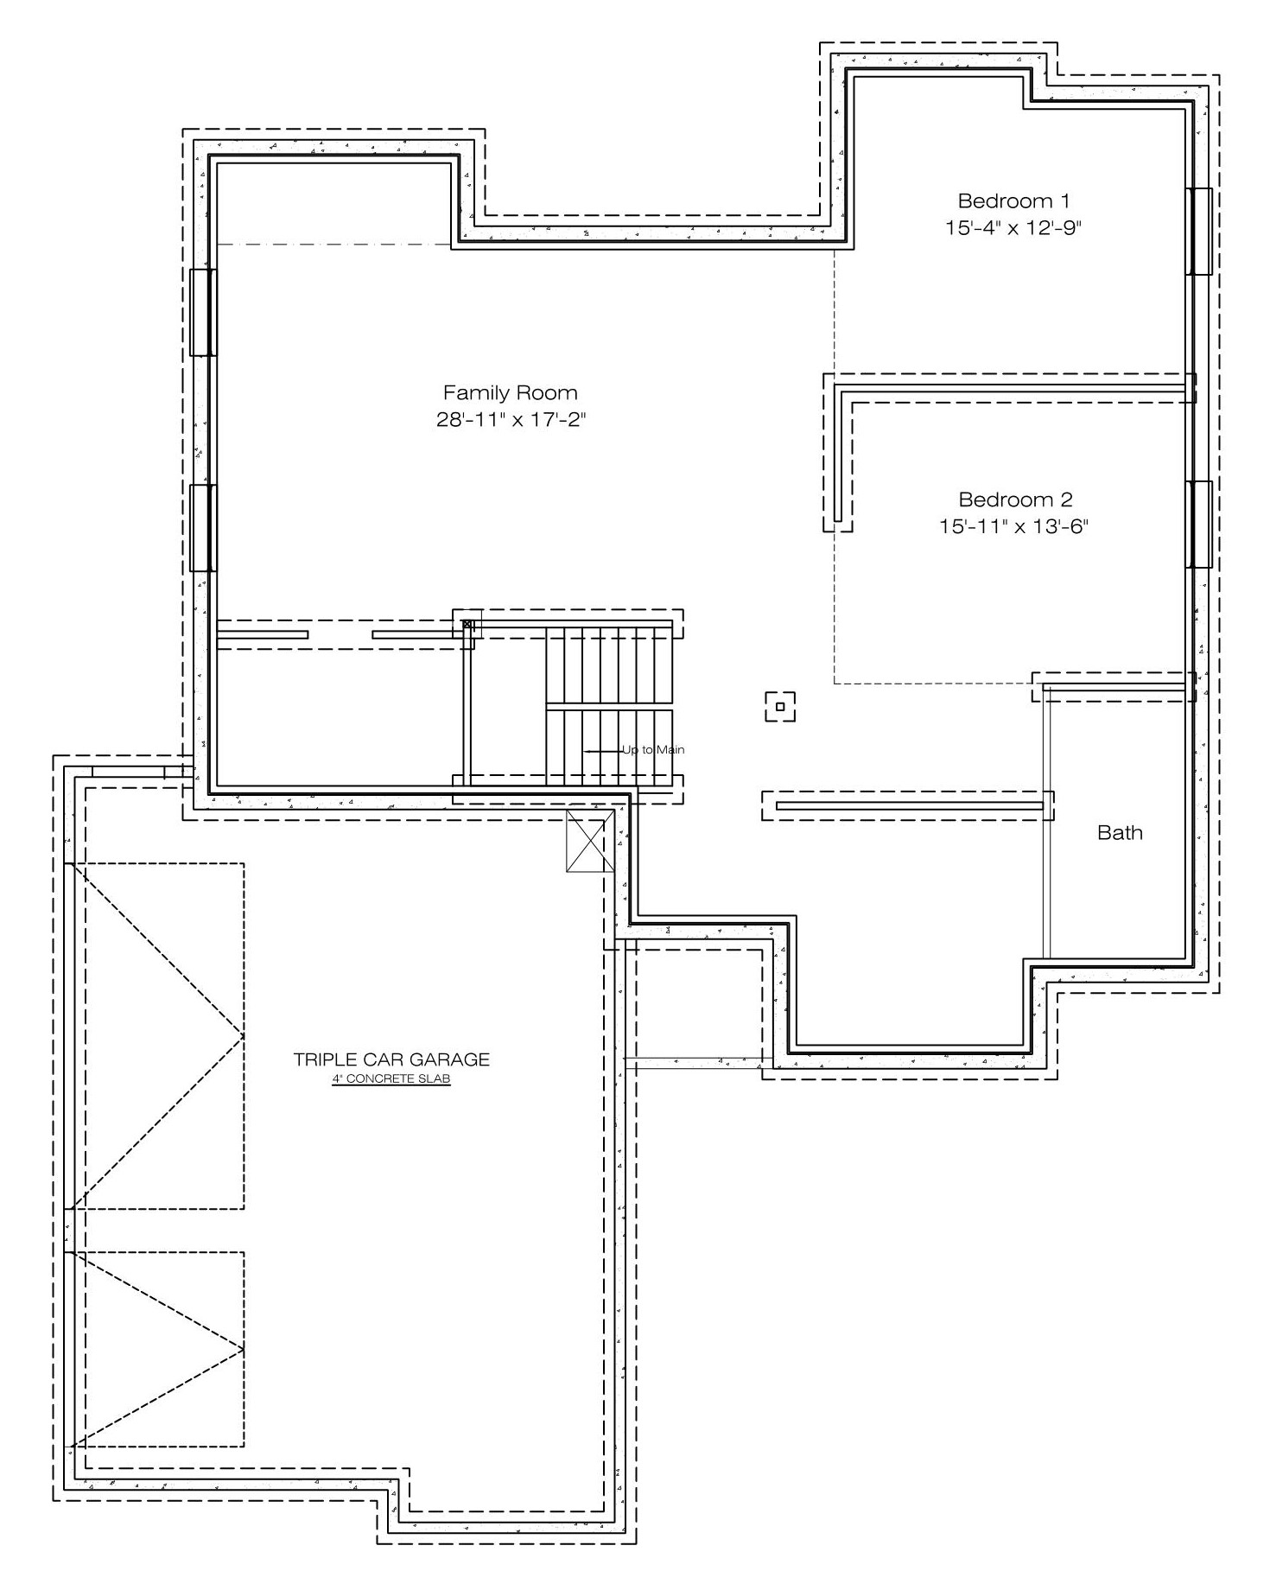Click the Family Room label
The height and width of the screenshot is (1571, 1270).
point(510,393)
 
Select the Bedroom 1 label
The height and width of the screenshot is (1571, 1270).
point(1013,201)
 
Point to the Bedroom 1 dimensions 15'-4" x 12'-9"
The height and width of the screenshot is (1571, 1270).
point(1013,228)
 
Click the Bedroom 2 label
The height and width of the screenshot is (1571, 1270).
point(1015,499)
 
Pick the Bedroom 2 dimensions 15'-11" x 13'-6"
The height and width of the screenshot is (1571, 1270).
point(1013,526)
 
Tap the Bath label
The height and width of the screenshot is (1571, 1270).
point(1120,833)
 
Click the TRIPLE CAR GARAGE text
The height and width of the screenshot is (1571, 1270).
point(391,1059)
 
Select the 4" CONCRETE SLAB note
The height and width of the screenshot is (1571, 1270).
point(391,1079)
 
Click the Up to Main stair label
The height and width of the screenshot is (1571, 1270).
point(653,750)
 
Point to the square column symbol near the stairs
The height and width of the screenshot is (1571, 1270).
point(780,707)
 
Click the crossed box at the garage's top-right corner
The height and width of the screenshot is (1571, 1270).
point(591,841)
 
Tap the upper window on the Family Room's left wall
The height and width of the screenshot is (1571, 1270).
point(203,312)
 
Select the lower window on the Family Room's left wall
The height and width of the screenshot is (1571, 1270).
point(203,528)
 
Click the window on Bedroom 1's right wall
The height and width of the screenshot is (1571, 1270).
point(1198,232)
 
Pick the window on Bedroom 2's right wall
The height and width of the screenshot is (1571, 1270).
point(1198,525)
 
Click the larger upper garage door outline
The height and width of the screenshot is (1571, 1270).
point(156,1036)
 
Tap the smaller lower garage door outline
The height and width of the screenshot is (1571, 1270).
point(156,1349)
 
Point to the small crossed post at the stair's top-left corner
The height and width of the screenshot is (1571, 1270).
point(467,624)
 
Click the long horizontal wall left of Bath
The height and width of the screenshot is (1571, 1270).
point(909,806)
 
